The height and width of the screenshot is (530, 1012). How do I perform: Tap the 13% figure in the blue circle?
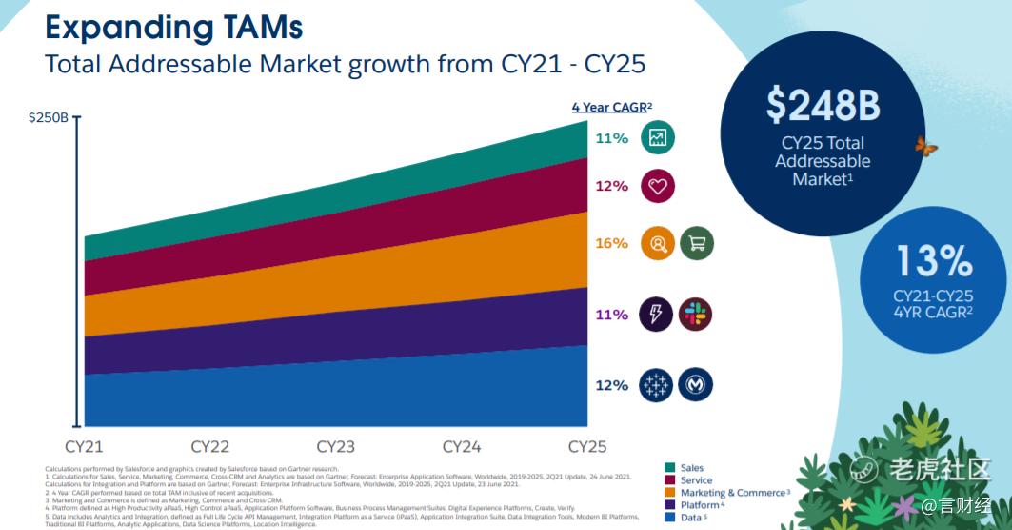point(933,260)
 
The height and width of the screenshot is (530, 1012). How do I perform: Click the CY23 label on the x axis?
point(335,446)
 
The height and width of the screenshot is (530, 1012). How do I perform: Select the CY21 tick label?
point(84,446)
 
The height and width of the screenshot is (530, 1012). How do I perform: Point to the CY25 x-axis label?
point(587,446)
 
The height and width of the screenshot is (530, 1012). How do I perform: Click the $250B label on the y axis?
point(49,118)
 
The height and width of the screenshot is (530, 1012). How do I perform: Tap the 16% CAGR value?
point(612,243)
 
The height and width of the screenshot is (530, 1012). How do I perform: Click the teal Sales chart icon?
point(658,138)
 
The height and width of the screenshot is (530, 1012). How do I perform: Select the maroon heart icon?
point(658,186)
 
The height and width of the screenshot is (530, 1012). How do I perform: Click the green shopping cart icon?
point(697,243)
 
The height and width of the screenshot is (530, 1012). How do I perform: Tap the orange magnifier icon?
point(658,243)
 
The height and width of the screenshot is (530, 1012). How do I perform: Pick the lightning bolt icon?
point(658,315)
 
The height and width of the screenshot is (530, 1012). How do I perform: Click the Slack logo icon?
point(696,315)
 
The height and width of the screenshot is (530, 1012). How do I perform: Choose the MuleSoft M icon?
point(696,385)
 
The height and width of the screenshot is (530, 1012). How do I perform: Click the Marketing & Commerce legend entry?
point(727,493)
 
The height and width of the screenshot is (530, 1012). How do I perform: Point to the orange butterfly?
point(925,145)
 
